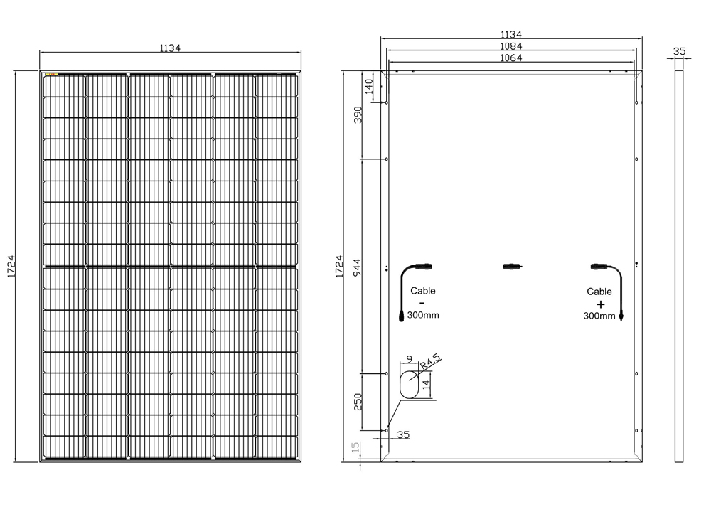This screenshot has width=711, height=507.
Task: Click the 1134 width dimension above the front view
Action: [x=170, y=48]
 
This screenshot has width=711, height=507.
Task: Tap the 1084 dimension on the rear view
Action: [x=511, y=46]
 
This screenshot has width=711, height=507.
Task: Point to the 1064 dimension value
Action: [x=511, y=58]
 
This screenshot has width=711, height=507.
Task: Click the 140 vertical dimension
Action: [x=369, y=86]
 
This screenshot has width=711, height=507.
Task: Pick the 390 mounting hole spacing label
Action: [x=358, y=114]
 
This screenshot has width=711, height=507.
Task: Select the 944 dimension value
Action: [x=358, y=267]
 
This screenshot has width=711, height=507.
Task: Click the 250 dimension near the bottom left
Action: [x=358, y=402]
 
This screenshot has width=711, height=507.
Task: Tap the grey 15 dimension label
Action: [x=356, y=447]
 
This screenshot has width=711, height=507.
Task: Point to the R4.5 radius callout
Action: [x=430, y=361]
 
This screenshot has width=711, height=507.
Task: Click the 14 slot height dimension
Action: [x=425, y=385]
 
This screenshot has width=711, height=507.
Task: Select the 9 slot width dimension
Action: [x=410, y=359]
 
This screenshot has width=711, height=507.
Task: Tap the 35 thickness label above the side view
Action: [x=679, y=51]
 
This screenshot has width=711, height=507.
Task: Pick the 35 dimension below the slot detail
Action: [x=403, y=434]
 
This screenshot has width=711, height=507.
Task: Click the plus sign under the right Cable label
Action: [x=600, y=304]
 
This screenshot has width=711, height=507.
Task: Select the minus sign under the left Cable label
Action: [x=422, y=302]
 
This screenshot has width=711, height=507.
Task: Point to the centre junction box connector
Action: [x=513, y=266]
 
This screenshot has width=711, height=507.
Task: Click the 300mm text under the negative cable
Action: [x=423, y=315]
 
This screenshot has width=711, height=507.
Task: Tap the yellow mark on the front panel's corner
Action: [x=51, y=74]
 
